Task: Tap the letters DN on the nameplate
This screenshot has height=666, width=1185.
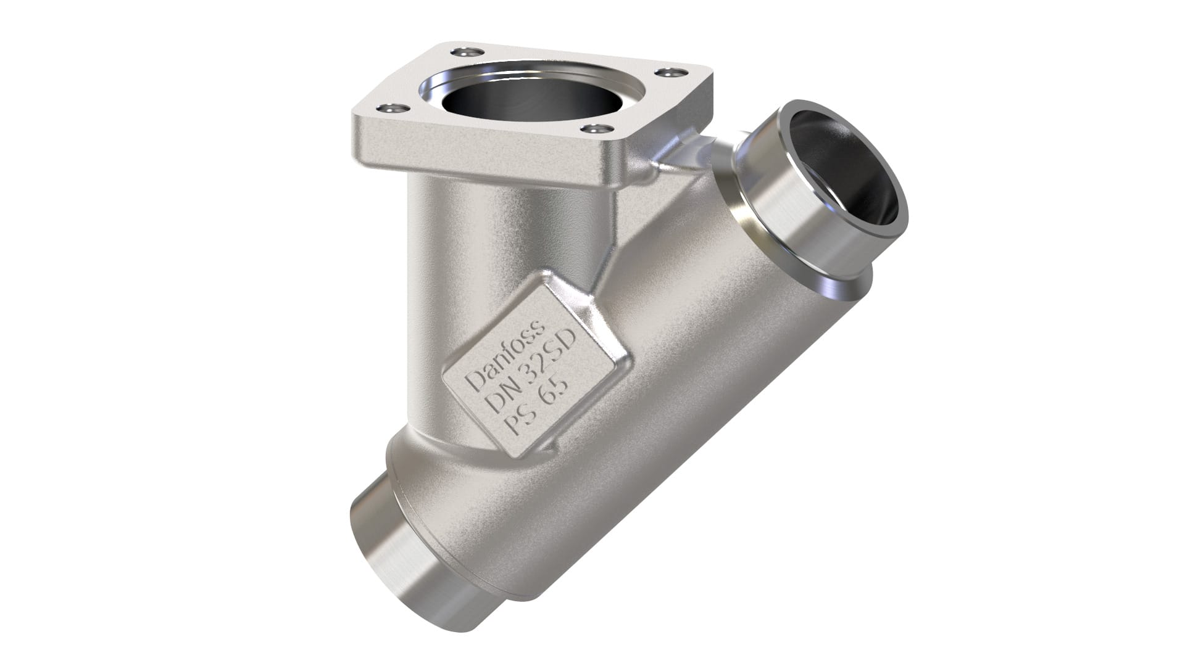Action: [x=501, y=399]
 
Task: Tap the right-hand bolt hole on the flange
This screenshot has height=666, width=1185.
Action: [x=665, y=73]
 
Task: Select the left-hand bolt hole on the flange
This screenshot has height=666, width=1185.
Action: [x=390, y=109]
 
